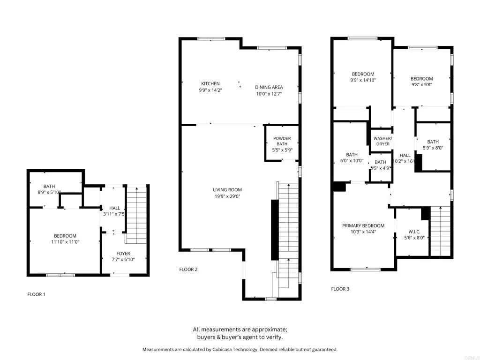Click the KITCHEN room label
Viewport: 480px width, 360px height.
(x=210, y=83)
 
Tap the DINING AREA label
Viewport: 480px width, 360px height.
(x=269, y=87)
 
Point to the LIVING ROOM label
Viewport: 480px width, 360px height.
(x=227, y=190)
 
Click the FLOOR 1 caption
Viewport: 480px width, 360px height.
(x=37, y=294)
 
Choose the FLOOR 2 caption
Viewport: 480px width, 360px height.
(x=188, y=270)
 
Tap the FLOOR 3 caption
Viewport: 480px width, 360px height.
(x=340, y=289)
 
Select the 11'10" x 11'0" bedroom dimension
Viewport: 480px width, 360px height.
(x=65, y=242)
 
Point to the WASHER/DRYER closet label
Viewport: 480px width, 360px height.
(x=382, y=141)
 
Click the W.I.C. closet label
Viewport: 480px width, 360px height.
(x=414, y=231)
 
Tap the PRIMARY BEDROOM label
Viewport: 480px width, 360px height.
(x=363, y=225)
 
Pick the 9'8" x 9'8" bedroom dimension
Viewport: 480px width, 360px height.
(x=421, y=85)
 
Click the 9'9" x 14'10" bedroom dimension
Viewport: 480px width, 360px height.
(x=363, y=80)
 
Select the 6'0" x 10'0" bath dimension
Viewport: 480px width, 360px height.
(x=352, y=161)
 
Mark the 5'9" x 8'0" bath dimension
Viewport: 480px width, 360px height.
(x=433, y=148)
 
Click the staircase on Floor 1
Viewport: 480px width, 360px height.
(x=137, y=214)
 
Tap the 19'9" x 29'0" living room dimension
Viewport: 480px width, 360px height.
(x=227, y=196)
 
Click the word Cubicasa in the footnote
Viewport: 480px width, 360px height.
(x=243, y=349)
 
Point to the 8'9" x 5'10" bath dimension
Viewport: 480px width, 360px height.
(x=49, y=192)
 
